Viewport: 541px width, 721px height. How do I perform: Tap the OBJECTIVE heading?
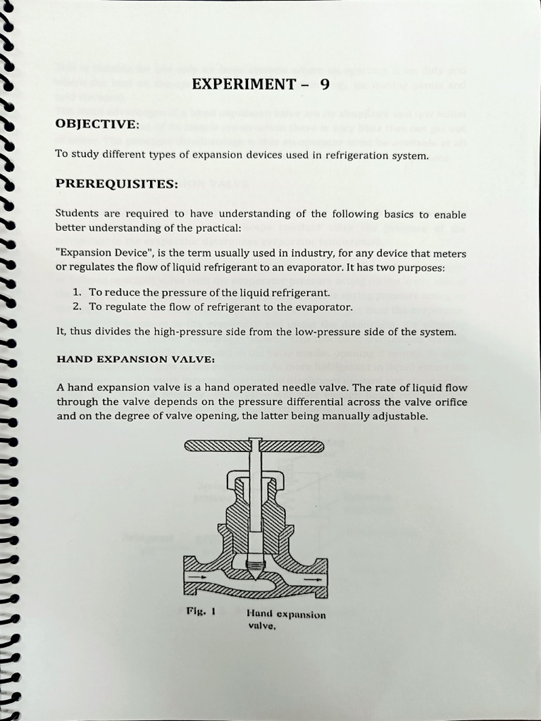point(97,124)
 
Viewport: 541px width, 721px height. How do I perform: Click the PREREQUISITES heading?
point(117,184)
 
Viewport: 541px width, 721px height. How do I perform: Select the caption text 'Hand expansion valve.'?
point(286,620)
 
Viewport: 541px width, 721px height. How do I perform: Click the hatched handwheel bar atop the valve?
point(254,446)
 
